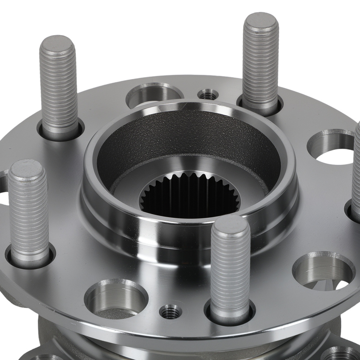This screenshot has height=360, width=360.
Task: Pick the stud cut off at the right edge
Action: click(x=356, y=173)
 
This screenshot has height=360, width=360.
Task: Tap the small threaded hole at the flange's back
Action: click(x=208, y=95)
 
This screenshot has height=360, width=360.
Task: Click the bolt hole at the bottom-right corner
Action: click(x=342, y=355)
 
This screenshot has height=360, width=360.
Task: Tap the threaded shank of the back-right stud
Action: click(x=260, y=65)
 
